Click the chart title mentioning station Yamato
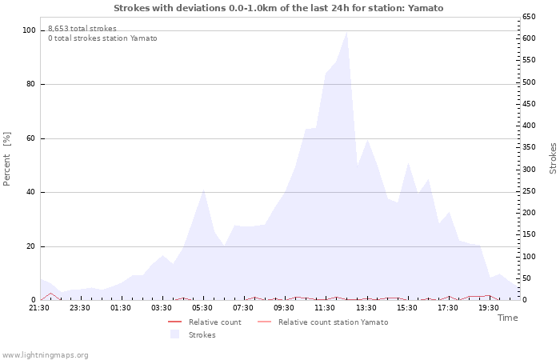[278, 8]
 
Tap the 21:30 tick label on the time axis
[40, 307]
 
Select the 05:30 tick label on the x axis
[203, 307]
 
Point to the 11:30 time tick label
[326, 307]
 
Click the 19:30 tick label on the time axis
[489, 307]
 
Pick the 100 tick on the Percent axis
[30, 30]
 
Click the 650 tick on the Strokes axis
[529, 17]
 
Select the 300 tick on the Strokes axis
[529, 170]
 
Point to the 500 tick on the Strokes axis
[529, 82]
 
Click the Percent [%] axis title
[7, 158]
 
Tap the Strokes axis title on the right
[553, 158]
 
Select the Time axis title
[507, 318]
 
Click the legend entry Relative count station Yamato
[333, 322]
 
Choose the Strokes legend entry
[202, 335]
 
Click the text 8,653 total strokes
[82, 29]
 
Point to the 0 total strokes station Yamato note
[102, 38]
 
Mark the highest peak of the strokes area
[346, 32]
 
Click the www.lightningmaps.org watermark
[45, 354]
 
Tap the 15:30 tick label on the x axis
[407, 307]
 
